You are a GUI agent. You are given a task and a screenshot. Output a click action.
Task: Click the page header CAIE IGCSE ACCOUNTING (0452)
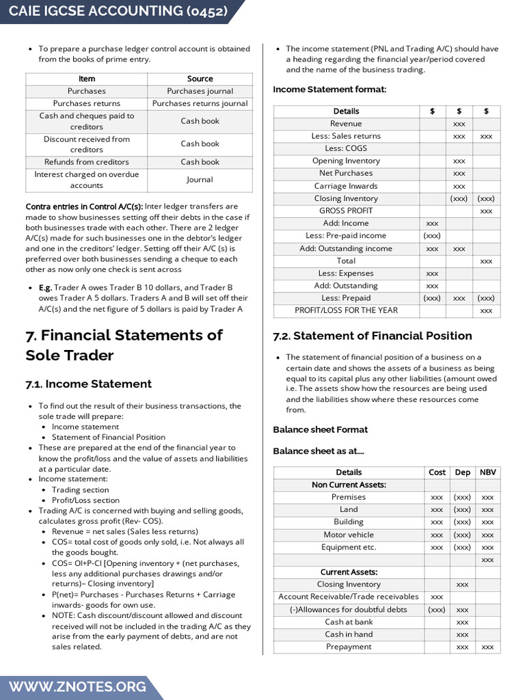(x=118, y=12)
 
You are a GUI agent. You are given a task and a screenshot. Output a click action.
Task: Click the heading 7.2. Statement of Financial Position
(x=372, y=336)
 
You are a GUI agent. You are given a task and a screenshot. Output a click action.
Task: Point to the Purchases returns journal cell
(x=200, y=103)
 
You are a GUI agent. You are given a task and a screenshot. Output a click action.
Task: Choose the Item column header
(x=87, y=79)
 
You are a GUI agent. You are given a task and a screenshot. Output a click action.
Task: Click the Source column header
(x=200, y=79)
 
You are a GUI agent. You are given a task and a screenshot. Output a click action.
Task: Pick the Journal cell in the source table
(x=200, y=180)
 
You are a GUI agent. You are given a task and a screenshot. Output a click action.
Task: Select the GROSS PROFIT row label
(x=346, y=211)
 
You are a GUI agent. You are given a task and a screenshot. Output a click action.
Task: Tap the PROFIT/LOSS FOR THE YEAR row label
(x=346, y=310)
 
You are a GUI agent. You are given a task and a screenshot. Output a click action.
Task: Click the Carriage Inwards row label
(x=346, y=186)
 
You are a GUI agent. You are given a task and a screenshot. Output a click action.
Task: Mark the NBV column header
(x=487, y=472)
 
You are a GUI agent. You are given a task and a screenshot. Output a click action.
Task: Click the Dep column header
(x=462, y=472)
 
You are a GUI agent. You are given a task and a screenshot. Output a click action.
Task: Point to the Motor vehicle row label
(x=349, y=535)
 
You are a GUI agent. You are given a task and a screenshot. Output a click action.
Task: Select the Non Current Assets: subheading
(x=349, y=485)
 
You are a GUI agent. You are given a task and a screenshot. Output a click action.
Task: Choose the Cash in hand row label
(x=349, y=634)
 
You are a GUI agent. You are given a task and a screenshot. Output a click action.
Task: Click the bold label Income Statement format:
(x=329, y=90)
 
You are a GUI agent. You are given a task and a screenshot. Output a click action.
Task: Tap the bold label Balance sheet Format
(x=320, y=429)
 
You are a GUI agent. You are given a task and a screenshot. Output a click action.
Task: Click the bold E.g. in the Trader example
(x=45, y=288)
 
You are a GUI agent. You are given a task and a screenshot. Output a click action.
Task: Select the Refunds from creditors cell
(x=87, y=162)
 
